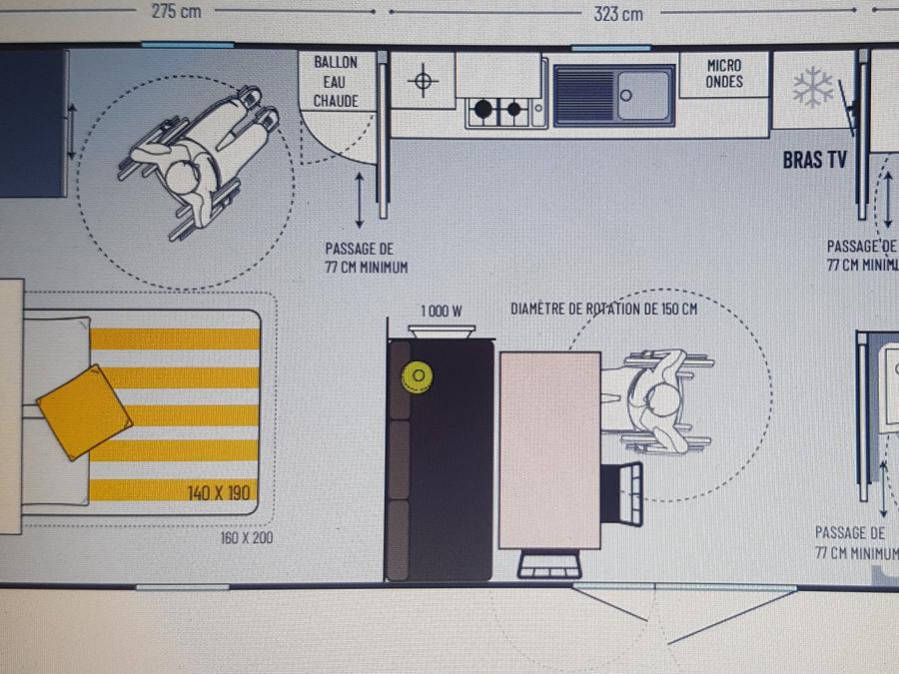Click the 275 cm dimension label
(x=175, y=12)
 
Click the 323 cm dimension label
(x=618, y=13)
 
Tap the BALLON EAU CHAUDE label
(x=336, y=82)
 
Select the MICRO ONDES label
(x=724, y=74)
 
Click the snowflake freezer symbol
(x=813, y=88)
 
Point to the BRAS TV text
(x=815, y=160)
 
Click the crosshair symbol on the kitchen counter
(x=423, y=79)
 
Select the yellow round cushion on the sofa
(x=416, y=375)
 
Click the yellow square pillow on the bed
(x=84, y=411)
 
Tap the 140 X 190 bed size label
(x=221, y=492)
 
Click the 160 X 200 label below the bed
(x=247, y=538)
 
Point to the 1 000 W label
(x=441, y=311)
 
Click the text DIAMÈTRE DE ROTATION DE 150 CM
(x=603, y=309)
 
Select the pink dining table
(x=549, y=449)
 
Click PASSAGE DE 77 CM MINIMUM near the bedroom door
(x=366, y=258)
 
